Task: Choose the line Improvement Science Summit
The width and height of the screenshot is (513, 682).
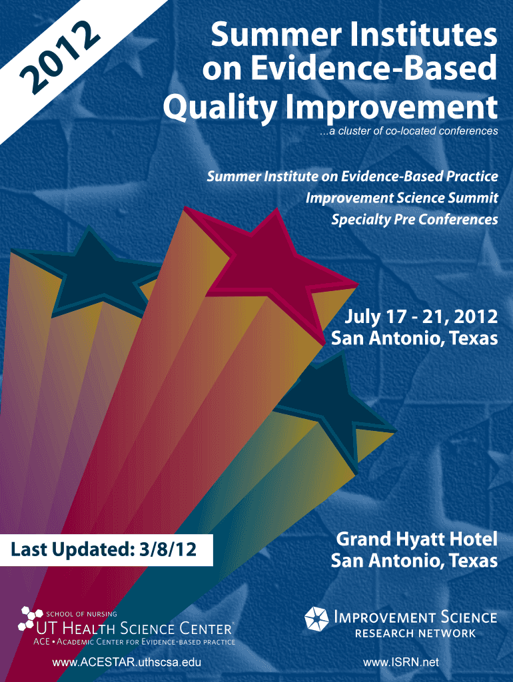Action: click(402, 198)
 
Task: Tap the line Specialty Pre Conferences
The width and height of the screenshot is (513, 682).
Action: click(414, 219)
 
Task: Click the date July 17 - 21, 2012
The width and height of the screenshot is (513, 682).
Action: click(421, 316)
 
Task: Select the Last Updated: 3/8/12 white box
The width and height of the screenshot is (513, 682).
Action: click(106, 549)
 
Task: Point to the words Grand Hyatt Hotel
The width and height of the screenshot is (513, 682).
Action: click(416, 539)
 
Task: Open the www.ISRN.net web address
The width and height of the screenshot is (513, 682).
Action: click(401, 663)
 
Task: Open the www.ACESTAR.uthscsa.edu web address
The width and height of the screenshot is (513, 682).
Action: click(127, 663)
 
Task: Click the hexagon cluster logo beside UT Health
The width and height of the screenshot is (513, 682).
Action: click(29, 619)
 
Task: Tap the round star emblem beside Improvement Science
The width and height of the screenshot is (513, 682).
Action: click(316, 618)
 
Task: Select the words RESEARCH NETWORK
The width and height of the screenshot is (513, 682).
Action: click(416, 633)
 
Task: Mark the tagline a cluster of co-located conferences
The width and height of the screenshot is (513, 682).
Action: click(408, 131)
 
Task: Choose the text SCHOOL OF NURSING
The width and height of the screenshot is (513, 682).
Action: click(81, 614)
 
